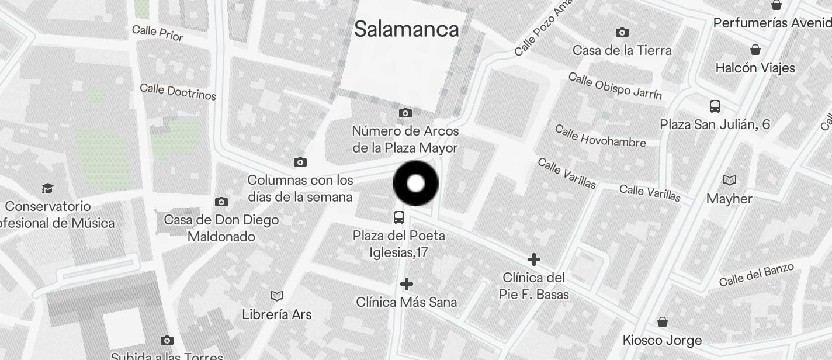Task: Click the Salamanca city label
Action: click(406, 29)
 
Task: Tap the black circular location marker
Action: click(415, 184)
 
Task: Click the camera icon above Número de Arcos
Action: click(405, 113)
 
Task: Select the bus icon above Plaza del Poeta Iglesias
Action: click(399, 217)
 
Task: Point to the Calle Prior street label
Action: click(158, 33)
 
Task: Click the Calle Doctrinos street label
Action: click(178, 91)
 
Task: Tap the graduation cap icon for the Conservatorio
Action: click(47, 188)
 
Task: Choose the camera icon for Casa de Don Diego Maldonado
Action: click(221, 202)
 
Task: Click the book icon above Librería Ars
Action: click(277, 296)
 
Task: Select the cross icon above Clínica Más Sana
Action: click(407, 284)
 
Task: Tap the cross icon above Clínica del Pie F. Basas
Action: click(533, 259)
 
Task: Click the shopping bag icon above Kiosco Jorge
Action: click(663, 322)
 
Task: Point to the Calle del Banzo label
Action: click(756, 275)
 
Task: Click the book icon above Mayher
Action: click(730, 180)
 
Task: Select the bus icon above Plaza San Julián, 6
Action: click(715, 106)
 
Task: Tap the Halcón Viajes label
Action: click(755, 68)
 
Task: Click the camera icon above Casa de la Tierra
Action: click(622, 33)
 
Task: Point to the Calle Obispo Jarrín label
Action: click(615, 85)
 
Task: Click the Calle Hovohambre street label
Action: click(599, 136)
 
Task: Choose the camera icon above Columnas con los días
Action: click(300, 162)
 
